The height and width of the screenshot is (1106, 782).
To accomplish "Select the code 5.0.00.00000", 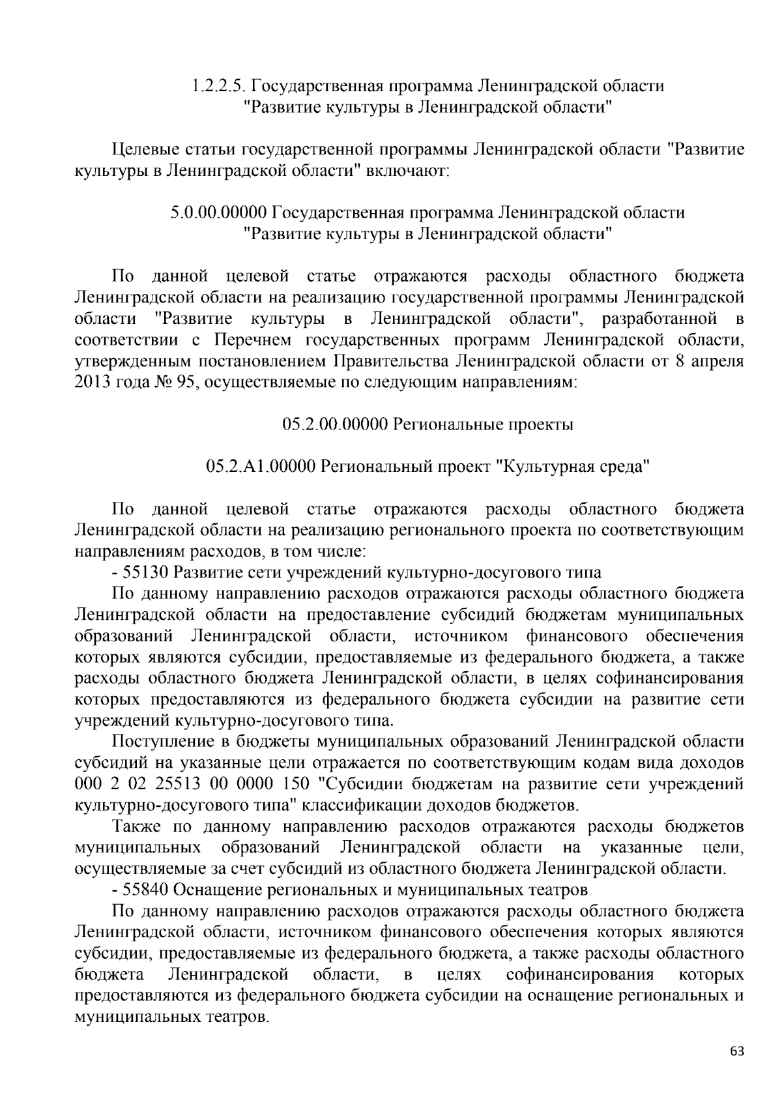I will click(x=219, y=212).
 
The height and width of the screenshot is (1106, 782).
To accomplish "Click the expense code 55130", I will click(x=148, y=573).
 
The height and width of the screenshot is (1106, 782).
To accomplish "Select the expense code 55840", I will click(x=148, y=890).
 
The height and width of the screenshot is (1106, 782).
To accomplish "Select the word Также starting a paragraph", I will click(x=136, y=826).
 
